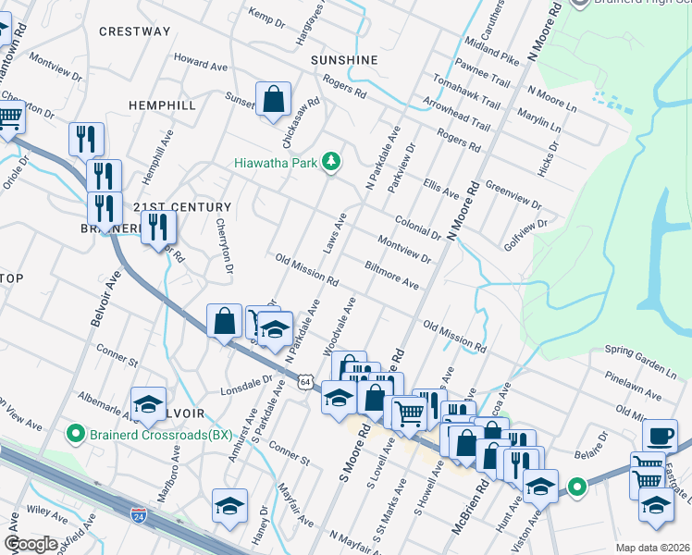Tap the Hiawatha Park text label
pos(275,164)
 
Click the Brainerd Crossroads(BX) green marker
pos(70,433)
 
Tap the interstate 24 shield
pos(138,512)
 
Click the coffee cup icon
pos(661,435)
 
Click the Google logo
pos(31,544)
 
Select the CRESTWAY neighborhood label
pos(134,31)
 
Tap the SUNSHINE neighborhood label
pos(344,60)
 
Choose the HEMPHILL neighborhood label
pos(162,105)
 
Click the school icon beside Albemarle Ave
pos(148,403)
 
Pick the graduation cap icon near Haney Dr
pos(229,505)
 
